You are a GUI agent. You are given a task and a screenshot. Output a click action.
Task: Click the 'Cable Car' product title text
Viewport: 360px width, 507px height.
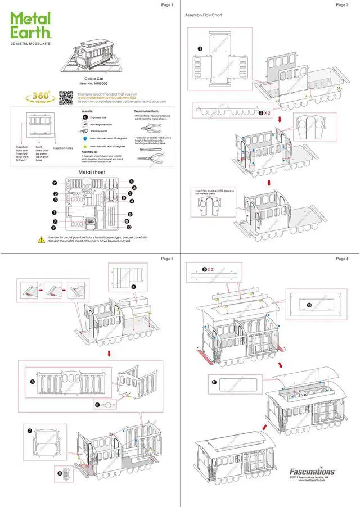93,79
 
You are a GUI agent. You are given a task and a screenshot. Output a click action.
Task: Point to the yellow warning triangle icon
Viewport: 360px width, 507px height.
41,239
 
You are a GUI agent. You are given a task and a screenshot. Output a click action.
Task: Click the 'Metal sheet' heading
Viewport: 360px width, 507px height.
92,172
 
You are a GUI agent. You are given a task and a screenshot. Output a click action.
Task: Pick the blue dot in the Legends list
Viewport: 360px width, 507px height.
85,136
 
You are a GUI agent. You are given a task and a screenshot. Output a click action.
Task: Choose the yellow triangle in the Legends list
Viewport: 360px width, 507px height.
85,145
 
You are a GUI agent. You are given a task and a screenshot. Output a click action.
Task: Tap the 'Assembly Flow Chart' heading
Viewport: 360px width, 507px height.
204,15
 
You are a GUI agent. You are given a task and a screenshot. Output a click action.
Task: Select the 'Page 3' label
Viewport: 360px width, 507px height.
167,259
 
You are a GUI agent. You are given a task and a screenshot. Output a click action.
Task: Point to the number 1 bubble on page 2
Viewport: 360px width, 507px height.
200,49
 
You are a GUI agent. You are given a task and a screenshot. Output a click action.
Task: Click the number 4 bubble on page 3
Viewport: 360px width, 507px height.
134,286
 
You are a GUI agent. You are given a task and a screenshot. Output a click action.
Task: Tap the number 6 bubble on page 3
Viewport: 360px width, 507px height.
97,404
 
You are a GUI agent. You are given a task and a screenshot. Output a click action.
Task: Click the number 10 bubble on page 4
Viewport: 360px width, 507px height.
309,305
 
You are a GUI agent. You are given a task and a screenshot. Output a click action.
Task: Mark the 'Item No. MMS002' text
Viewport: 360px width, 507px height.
93,84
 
